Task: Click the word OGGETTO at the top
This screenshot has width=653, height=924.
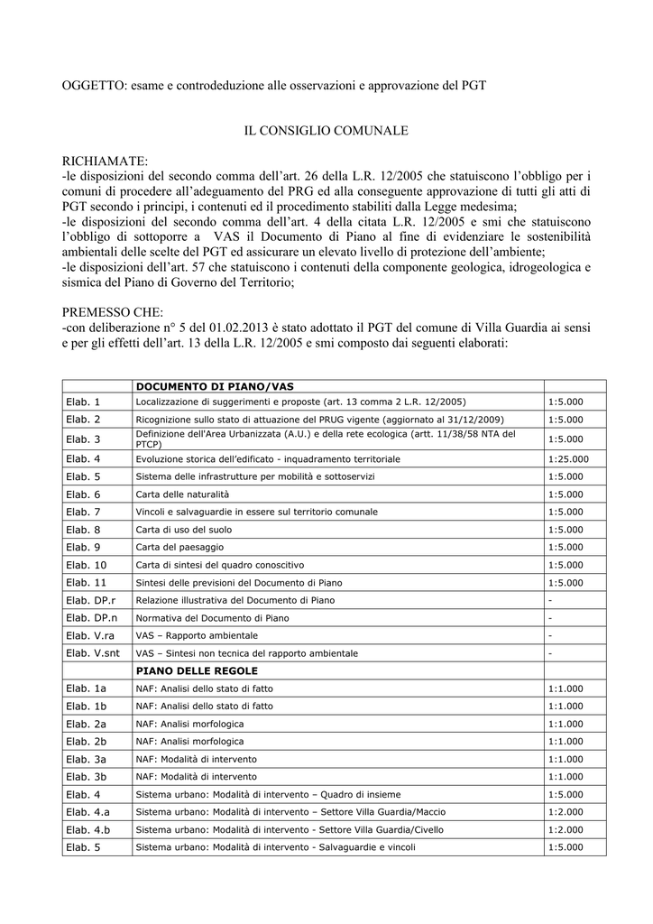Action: (x=94, y=86)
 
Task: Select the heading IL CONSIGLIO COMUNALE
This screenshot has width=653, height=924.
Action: (x=326, y=131)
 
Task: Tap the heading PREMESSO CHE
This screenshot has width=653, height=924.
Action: (x=113, y=312)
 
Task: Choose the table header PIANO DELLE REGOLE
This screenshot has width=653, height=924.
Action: (x=197, y=670)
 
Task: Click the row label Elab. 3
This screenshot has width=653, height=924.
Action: (x=83, y=439)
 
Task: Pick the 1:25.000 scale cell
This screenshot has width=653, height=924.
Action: (x=568, y=458)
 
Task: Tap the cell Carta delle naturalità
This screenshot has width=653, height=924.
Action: (x=182, y=494)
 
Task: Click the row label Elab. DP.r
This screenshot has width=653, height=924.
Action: (x=91, y=600)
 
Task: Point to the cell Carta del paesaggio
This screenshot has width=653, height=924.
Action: (x=179, y=547)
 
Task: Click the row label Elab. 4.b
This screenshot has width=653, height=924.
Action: (x=87, y=829)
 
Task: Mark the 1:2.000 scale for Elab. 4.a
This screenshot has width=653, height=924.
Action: (x=566, y=811)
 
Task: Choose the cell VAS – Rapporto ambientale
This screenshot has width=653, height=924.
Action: (x=197, y=635)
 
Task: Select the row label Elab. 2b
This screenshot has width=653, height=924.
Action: (x=86, y=741)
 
